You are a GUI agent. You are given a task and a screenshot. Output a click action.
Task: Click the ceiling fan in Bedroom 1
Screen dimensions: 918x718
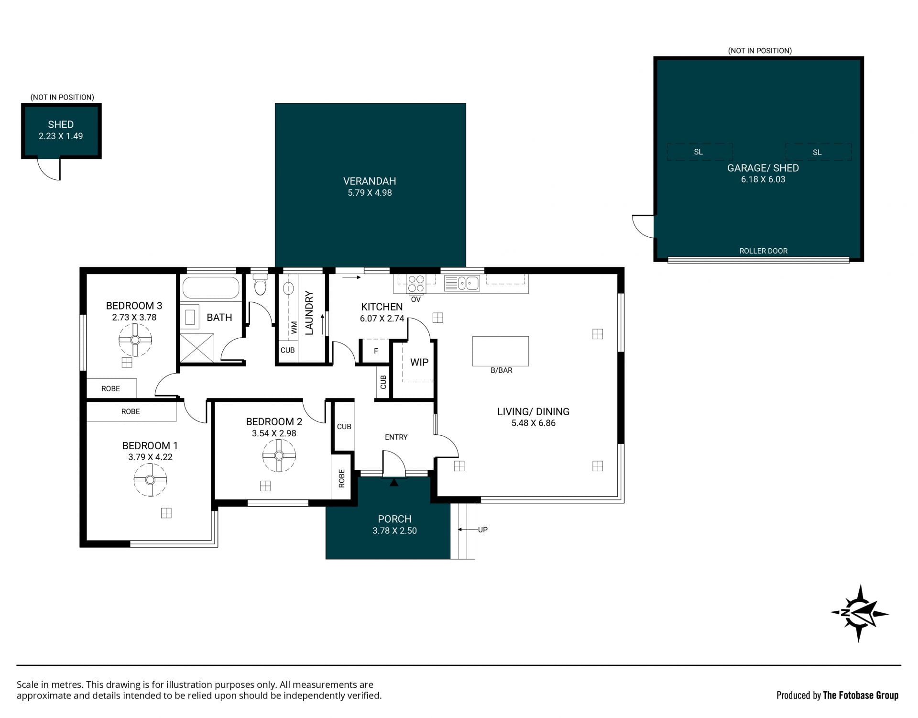click(150, 480)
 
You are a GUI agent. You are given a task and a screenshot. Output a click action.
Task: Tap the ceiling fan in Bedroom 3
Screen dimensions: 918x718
click(135, 340)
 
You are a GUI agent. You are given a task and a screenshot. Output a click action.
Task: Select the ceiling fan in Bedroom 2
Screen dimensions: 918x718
click(279, 455)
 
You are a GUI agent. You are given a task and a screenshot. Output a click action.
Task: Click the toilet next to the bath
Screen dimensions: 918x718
click(260, 284)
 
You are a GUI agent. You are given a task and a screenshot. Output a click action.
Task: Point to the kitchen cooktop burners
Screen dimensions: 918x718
click(416, 283)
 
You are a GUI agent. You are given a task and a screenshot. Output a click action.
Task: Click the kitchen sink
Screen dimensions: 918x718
click(462, 283)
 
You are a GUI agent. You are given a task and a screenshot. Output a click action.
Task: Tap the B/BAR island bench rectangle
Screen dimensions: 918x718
click(501, 351)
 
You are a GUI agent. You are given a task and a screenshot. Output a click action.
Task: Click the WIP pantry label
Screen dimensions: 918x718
click(419, 362)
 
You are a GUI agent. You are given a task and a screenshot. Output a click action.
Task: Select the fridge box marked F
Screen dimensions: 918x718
click(375, 351)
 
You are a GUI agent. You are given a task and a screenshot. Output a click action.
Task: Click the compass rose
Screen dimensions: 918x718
click(859, 613)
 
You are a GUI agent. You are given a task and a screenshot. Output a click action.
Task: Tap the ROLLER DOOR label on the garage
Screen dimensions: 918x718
click(763, 251)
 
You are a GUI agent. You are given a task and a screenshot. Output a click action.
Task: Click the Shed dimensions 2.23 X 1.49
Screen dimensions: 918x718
click(61, 136)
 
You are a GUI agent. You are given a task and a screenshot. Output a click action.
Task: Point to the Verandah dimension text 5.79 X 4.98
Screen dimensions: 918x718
click(370, 193)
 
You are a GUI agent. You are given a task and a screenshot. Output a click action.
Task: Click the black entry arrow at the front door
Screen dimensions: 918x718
click(393, 483)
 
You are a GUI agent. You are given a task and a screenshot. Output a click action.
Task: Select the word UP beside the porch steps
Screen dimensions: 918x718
click(483, 530)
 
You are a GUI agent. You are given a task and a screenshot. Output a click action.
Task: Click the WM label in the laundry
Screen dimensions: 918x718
click(294, 327)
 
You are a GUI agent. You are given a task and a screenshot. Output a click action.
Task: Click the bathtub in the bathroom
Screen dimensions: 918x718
click(211, 287)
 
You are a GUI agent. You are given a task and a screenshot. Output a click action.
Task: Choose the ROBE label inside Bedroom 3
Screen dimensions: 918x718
click(110, 388)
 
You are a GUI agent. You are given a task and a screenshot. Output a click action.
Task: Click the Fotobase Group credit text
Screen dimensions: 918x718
click(837, 695)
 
